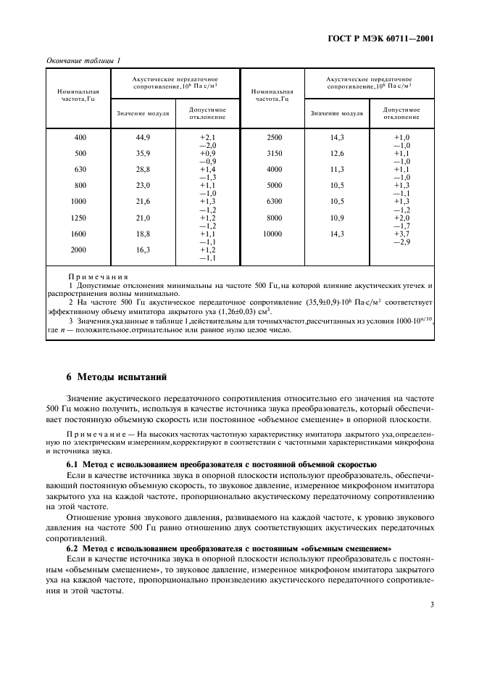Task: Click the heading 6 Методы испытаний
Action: (x=116, y=377)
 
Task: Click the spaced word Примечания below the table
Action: (x=98, y=276)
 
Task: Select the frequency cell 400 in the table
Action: (x=80, y=137)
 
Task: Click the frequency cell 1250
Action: (x=78, y=218)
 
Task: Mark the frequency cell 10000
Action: (x=272, y=234)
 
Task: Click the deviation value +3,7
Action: (x=401, y=234)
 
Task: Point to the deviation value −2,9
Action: (x=401, y=242)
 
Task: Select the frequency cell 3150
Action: (x=274, y=153)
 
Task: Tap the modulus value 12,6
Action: (x=337, y=153)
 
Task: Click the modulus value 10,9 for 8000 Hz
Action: (x=337, y=218)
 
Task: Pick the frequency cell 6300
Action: (x=274, y=201)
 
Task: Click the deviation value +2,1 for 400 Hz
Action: (x=208, y=137)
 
